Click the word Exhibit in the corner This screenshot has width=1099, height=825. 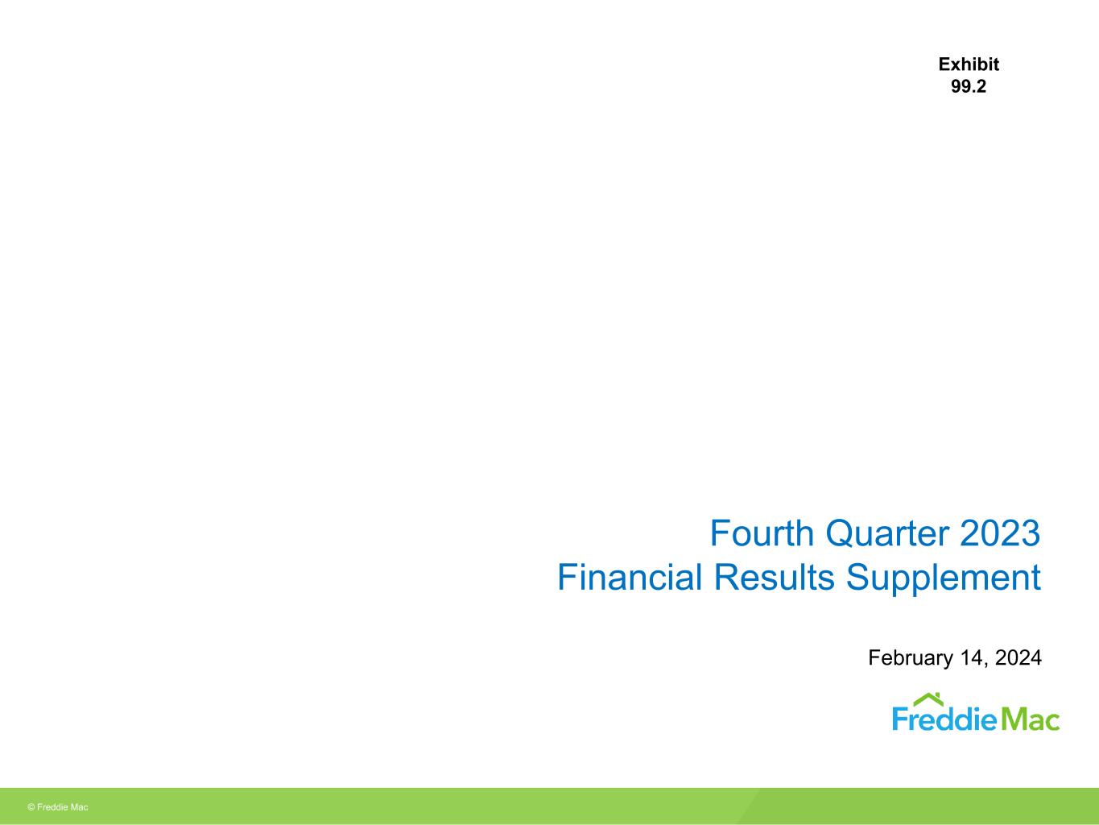(969, 64)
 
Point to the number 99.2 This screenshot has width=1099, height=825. (969, 87)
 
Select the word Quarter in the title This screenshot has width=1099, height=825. (886, 534)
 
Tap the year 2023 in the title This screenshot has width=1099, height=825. (1000, 533)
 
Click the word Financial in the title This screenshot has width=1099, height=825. (630, 577)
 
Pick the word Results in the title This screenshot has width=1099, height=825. (774, 577)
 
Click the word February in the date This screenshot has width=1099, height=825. (911, 658)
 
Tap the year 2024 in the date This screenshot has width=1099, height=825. (1018, 657)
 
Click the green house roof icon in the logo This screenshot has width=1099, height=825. (928, 700)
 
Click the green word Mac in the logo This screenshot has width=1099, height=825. (1030, 719)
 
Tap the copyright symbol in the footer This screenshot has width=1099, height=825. (31, 807)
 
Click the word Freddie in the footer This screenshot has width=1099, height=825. (52, 807)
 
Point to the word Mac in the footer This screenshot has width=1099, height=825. (80, 807)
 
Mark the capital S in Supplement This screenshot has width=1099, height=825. (857, 577)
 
